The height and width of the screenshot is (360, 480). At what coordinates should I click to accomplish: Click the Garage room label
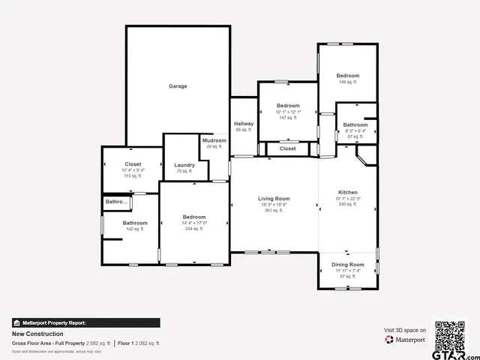pos(178,86)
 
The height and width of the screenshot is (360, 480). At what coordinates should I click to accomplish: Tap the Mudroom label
pos(213,140)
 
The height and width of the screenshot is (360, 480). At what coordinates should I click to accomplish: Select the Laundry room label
pos(184,165)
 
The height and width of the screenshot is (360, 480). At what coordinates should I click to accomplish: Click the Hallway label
pos(244,124)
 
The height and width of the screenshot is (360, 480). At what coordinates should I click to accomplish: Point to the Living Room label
pos(274,199)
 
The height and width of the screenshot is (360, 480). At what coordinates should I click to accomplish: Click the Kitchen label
pos(348,193)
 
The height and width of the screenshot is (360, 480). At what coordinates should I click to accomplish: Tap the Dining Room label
pos(347,265)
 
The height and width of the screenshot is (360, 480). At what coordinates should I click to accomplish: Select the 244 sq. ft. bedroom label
pos(194,217)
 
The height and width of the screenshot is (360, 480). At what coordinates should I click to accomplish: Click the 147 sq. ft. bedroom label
pos(288,106)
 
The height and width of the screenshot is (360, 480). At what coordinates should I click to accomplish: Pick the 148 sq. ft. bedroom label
pos(347,76)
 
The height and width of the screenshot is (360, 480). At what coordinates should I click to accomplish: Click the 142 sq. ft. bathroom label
pos(135,223)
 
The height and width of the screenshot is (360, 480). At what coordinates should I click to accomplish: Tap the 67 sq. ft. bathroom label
pos(355,124)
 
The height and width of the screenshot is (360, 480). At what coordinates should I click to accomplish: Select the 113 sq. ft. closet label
pos(133,163)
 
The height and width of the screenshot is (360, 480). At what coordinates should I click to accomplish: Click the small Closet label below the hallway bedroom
pos(288,148)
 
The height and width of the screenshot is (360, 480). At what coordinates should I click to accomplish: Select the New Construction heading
pos(37,334)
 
